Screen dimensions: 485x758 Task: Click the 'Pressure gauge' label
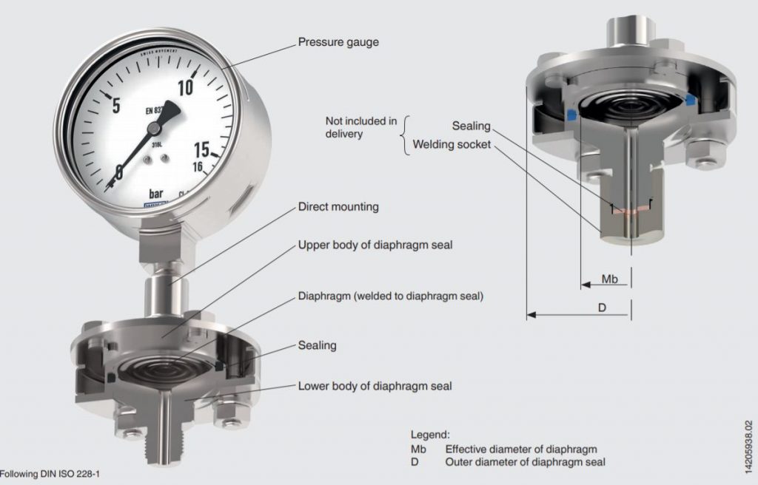coord(338,42)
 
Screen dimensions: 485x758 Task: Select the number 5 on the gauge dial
coord(114,104)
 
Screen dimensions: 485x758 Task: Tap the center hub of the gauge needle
coord(153,129)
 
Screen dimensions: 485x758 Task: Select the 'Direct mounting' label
coord(338,207)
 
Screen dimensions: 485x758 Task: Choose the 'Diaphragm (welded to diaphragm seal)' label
coord(390,296)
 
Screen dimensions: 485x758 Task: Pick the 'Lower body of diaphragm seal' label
coord(375,386)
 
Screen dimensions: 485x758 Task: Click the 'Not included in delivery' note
coord(361,127)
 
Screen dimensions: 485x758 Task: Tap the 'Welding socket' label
coord(452,145)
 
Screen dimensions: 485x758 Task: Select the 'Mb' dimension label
coord(609,279)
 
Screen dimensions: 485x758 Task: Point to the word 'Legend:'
coord(430,435)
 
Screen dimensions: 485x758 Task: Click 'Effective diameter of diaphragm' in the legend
coord(520,449)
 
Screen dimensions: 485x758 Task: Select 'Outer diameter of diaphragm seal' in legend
coord(525,462)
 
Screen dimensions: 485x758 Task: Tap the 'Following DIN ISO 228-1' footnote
coord(50,472)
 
